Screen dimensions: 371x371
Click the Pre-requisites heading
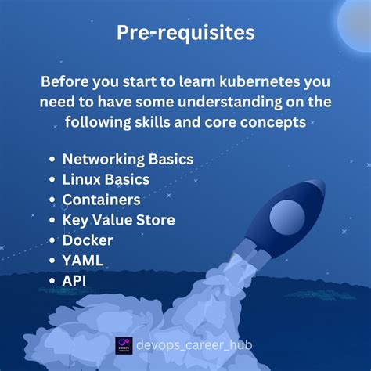coord(185,32)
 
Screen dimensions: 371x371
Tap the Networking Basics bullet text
coord(128,160)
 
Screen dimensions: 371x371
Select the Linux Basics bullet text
coord(106,180)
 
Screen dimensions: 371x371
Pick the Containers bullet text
coord(102,200)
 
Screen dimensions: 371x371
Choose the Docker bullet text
coord(88,240)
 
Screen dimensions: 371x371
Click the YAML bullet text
coord(84,260)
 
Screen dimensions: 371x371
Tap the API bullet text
coord(76,279)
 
